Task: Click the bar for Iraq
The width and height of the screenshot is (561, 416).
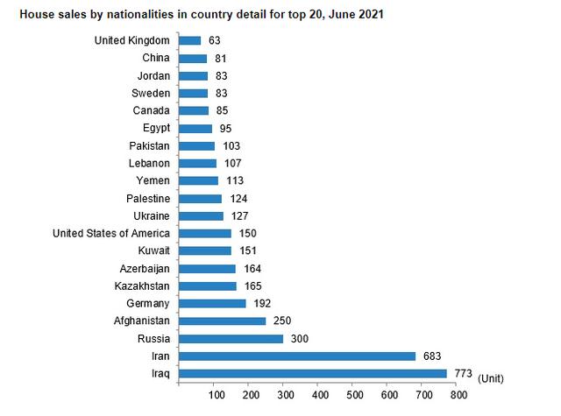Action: (x=313, y=373)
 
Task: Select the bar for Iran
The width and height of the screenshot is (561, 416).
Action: (x=296, y=356)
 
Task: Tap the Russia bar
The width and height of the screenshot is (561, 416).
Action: (x=231, y=338)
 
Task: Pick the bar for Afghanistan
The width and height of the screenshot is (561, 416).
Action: (x=222, y=321)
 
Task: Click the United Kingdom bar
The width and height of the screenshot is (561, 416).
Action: (x=189, y=40)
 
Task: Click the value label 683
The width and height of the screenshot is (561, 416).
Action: (x=431, y=356)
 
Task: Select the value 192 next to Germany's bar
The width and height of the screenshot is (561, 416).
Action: (x=263, y=303)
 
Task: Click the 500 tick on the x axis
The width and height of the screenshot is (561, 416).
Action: (x=352, y=395)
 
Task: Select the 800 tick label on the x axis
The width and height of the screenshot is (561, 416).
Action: (x=458, y=395)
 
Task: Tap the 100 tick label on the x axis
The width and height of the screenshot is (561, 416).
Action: (x=212, y=395)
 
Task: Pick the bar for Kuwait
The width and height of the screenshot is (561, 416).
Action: (x=204, y=250)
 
